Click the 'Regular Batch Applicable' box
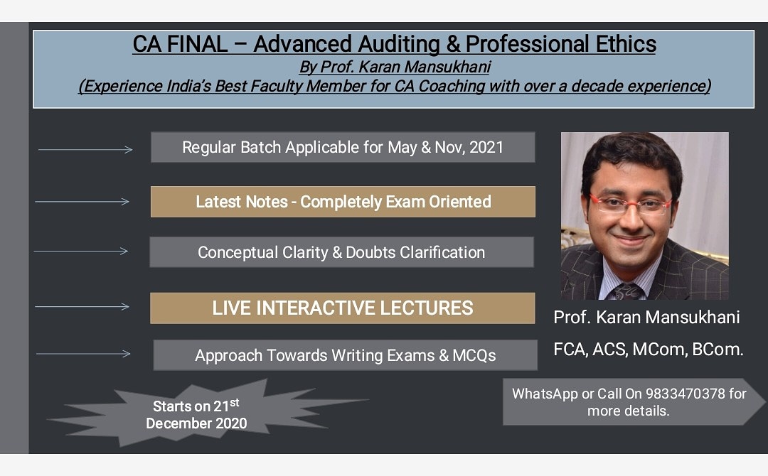click(343, 147)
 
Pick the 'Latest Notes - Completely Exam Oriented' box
click(343, 202)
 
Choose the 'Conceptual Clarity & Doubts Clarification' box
click(341, 252)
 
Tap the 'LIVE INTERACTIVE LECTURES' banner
click(342, 308)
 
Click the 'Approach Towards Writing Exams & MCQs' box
click(345, 355)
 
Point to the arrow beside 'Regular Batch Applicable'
click(85, 149)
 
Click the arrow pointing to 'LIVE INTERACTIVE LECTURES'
click(82, 307)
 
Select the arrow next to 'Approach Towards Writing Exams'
click(83, 353)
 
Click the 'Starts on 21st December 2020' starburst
click(197, 415)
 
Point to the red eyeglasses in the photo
click(631, 205)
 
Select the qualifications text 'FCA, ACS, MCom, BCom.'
click(649, 350)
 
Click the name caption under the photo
click(646, 318)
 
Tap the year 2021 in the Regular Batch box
click(486, 147)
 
